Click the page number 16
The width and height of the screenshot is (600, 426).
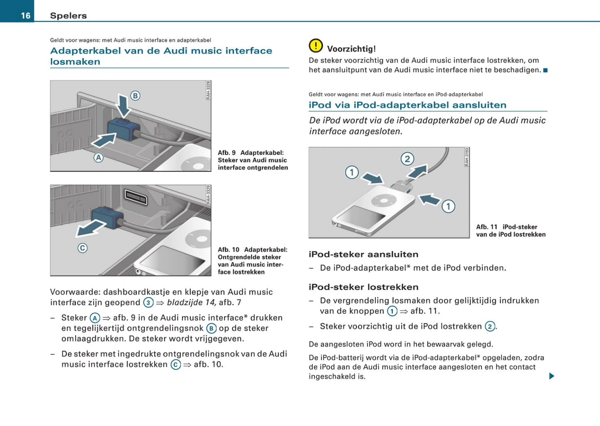pyautogui.click(x=26, y=15)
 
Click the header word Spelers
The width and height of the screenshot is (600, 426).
pyautogui.click(x=68, y=15)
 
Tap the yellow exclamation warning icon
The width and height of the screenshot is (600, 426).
pyautogui.click(x=316, y=46)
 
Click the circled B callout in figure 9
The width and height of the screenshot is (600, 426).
pyautogui.click(x=135, y=95)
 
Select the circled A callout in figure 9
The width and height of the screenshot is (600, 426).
pyautogui.click(x=98, y=157)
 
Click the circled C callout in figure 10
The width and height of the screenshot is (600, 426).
pyautogui.click(x=83, y=248)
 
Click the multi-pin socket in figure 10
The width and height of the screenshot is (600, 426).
pyautogui.click(x=136, y=197)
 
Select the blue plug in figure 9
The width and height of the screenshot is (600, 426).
pyautogui.click(x=122, y=130)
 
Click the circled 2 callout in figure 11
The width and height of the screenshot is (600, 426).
pyautogui.click(x=407, y=159)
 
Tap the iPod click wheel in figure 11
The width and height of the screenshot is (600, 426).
pyautogui.click(x=384, y=201)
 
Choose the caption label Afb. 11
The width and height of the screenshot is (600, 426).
pyautogui.click(x=486, y=227)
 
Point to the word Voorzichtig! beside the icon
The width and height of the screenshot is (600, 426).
pyautogui.click(x=351, y=49)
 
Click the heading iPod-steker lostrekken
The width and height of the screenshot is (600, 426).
pyautogui.click(x=363, y=287)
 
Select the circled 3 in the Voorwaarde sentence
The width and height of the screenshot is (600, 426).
pyautogui.click(x=148, y=303)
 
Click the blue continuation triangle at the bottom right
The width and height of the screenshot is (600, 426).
pyautogui.click(x=551, y=376)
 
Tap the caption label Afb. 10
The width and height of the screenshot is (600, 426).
pyautogui.click(x=228, y=250)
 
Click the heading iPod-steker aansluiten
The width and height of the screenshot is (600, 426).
pyautogui.click(x=363, y=254)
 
